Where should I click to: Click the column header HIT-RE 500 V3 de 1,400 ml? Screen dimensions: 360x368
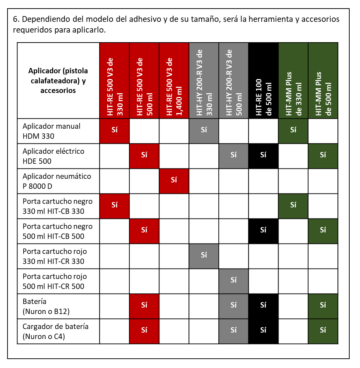(174, 80)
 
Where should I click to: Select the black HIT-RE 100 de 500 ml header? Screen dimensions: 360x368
(263, 80)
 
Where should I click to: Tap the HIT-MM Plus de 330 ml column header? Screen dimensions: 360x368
(293, 80)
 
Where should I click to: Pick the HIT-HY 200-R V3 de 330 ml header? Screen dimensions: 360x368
(204, 80)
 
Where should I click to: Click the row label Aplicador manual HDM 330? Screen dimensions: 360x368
(51, 131)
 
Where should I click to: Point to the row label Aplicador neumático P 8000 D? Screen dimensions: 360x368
(57, 181)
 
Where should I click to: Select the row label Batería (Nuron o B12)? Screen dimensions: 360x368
(46, 306)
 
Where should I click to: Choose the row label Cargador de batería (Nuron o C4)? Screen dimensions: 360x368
(55, 331)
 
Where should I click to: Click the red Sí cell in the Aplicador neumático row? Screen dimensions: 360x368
(174, 181)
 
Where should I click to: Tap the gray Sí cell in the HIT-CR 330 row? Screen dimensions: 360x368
(204, 256)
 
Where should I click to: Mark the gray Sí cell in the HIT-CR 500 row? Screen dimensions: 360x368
(233, 281)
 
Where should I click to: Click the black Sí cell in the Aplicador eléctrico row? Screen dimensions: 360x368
(263, 156)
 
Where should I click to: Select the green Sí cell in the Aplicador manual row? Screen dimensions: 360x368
(293, 131)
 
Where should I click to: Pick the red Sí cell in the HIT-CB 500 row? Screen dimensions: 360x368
(144, 231)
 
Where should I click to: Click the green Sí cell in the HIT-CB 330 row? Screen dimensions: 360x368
(293, 206)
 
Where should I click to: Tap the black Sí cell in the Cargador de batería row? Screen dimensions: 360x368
(263, 331)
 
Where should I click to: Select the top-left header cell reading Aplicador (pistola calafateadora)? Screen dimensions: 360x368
(58, 80)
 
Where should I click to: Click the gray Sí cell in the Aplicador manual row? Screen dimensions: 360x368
(204, 131)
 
